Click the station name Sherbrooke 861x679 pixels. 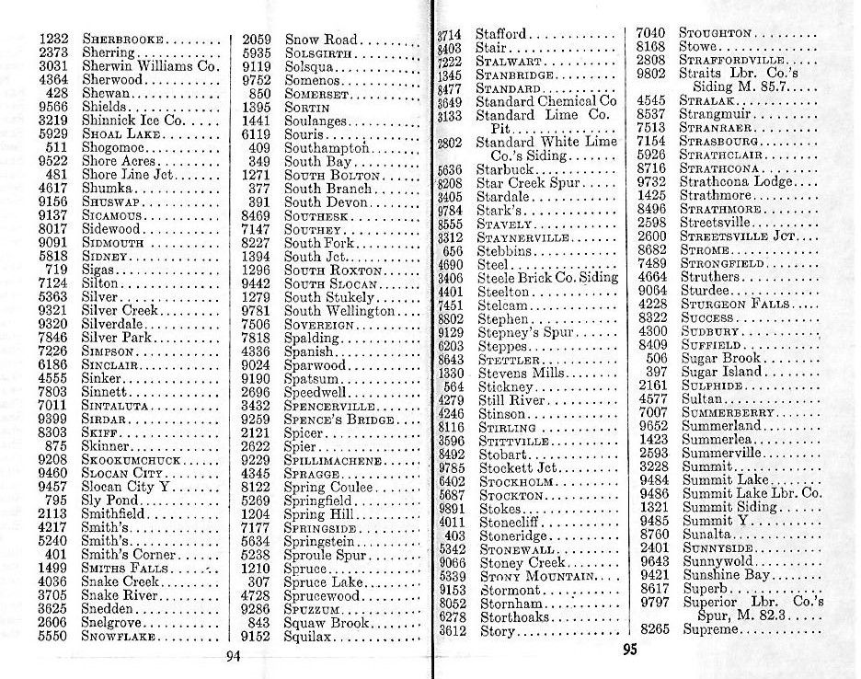[123, 40]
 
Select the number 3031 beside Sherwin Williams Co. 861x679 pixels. [54, 66]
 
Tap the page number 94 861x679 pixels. [233, 655]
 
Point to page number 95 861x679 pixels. [628, 650]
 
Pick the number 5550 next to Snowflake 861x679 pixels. [54, 634]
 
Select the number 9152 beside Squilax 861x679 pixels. [255, 634]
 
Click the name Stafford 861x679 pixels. [501, 35]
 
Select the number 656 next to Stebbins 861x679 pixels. [452, 250]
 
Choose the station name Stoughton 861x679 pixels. [715, 33]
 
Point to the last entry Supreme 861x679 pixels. [709, 629]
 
